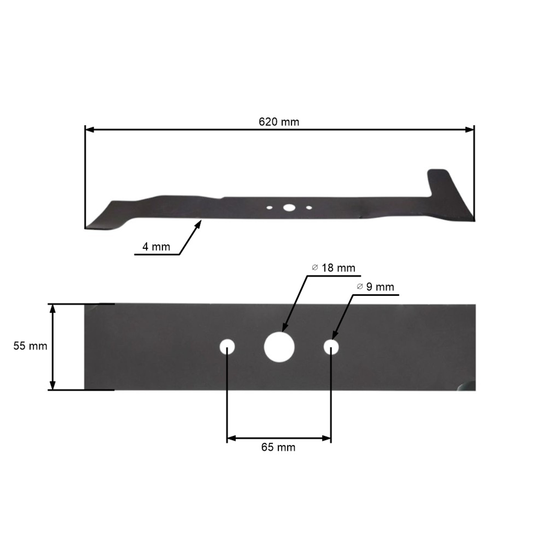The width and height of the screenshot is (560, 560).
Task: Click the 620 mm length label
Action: (279, 122)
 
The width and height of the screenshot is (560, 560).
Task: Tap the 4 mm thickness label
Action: (156, 247)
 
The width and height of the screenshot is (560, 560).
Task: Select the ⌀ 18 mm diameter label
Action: (334, 268)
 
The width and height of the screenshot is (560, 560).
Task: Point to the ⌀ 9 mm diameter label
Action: (375, 287)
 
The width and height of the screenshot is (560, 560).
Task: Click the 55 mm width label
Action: (30, 346)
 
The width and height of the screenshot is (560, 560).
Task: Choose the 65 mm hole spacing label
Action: (278, 447)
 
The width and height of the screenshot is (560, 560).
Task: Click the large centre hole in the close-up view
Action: (279, 347)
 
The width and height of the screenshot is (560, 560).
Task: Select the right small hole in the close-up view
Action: (331, 347)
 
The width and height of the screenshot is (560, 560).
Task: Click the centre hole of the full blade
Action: (289, 208)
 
